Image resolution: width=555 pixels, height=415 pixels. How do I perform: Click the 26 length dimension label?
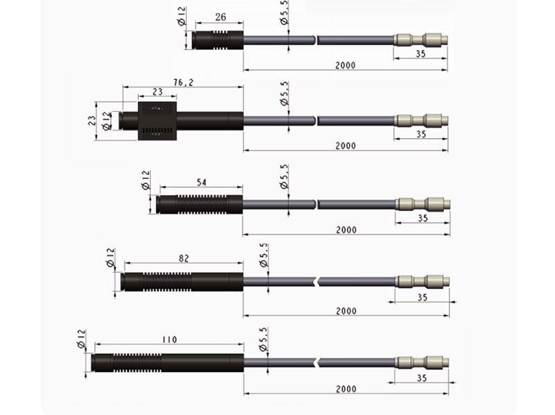click(220, 17)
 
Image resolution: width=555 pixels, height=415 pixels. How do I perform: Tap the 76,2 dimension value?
click(183, 83)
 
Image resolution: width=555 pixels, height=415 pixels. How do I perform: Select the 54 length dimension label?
click(201, 183)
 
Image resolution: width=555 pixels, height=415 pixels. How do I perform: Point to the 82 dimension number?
click(184, 258)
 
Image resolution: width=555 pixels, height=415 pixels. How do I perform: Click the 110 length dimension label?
click(169, 339)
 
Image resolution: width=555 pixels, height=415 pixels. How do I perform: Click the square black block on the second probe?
click(157, 121)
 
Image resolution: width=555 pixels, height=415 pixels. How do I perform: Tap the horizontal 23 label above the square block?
click(157, 92)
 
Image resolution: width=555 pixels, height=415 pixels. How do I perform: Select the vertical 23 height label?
click(92, 121)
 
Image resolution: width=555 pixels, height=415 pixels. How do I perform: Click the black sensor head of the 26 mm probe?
click(218, 40)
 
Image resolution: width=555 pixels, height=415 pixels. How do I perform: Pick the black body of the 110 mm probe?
click(167, 362)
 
